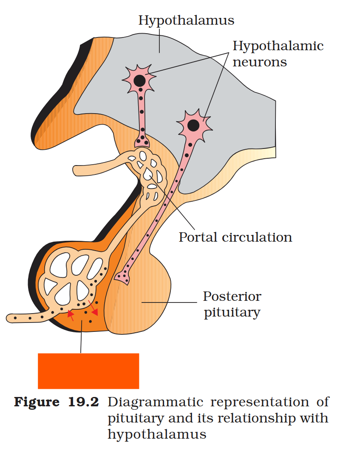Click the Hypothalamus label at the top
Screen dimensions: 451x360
(186, 20)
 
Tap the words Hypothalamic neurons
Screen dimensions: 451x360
(278, 54)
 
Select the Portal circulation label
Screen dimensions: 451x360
(235, 237)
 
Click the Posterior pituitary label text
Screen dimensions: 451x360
(232, 304)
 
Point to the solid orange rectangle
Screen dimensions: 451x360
(88, 371)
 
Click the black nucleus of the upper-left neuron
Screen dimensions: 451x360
(139, 80)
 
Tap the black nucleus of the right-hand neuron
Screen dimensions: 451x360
(193, 125)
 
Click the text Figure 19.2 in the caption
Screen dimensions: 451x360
(57, 402)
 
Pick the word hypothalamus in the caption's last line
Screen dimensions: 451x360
(157, 435)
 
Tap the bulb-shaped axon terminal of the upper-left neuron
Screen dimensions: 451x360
(142, 140)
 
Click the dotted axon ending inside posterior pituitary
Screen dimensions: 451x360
(122, 277)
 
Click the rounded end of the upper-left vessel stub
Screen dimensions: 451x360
(77, 171)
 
